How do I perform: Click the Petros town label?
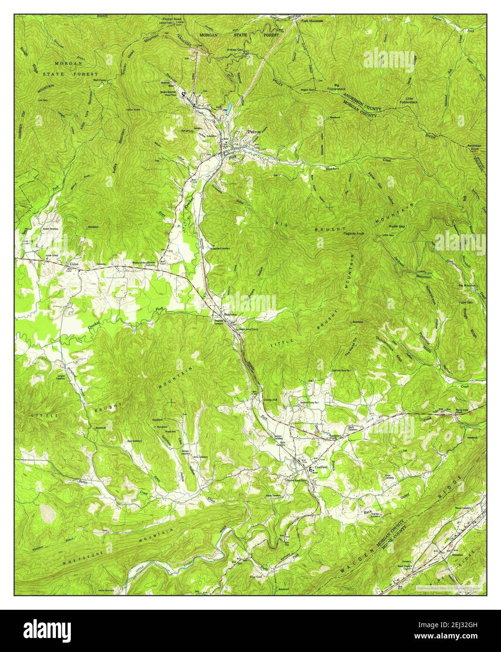[254, 132]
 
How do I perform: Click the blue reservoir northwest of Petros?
[228, 109]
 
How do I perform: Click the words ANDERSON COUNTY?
[362, 101]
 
